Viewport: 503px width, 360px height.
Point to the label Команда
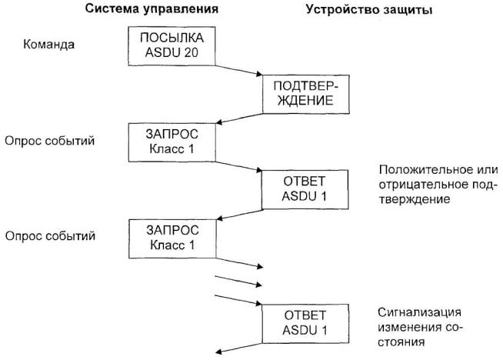coord(48,45)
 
